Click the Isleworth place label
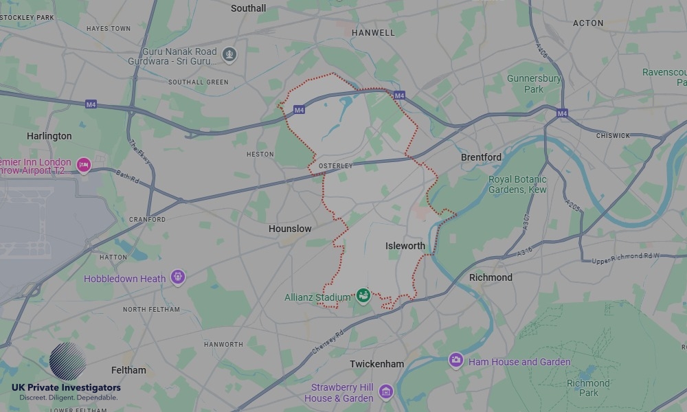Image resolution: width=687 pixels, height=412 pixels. (x=405, y=246)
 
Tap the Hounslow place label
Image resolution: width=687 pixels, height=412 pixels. (x=290, y=229)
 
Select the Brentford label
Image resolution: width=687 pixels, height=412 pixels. (x=481, y=157)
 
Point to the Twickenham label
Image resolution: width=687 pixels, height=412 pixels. (x=376, y=364)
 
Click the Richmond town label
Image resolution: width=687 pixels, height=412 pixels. (x=491, y=277)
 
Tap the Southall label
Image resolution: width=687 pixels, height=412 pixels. (x=249, y=8)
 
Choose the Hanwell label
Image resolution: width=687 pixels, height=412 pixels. (x=373, y=32)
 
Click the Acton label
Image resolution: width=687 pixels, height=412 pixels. (x=588, y=23)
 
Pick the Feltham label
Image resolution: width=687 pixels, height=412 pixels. (x=128, y=370)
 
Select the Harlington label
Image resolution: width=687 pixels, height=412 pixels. (x=49, y=136)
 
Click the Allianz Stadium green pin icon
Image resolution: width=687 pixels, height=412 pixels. (x=363, y=296)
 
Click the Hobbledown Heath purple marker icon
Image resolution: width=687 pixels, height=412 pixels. (x=178, y=277)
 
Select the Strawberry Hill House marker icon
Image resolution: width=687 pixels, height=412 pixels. (x=386, y=391)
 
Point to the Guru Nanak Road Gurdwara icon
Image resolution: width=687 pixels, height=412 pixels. (x=229, y=53)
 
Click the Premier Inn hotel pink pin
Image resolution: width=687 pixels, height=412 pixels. (x=84, y=165)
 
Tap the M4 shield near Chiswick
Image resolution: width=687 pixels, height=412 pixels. (x=562, y=113)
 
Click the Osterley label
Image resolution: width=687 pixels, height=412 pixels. (x=336, y=166)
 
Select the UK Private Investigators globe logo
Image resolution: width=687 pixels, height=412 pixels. (x=67, y=362)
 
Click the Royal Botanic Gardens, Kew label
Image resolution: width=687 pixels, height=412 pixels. (x=517, y=184)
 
